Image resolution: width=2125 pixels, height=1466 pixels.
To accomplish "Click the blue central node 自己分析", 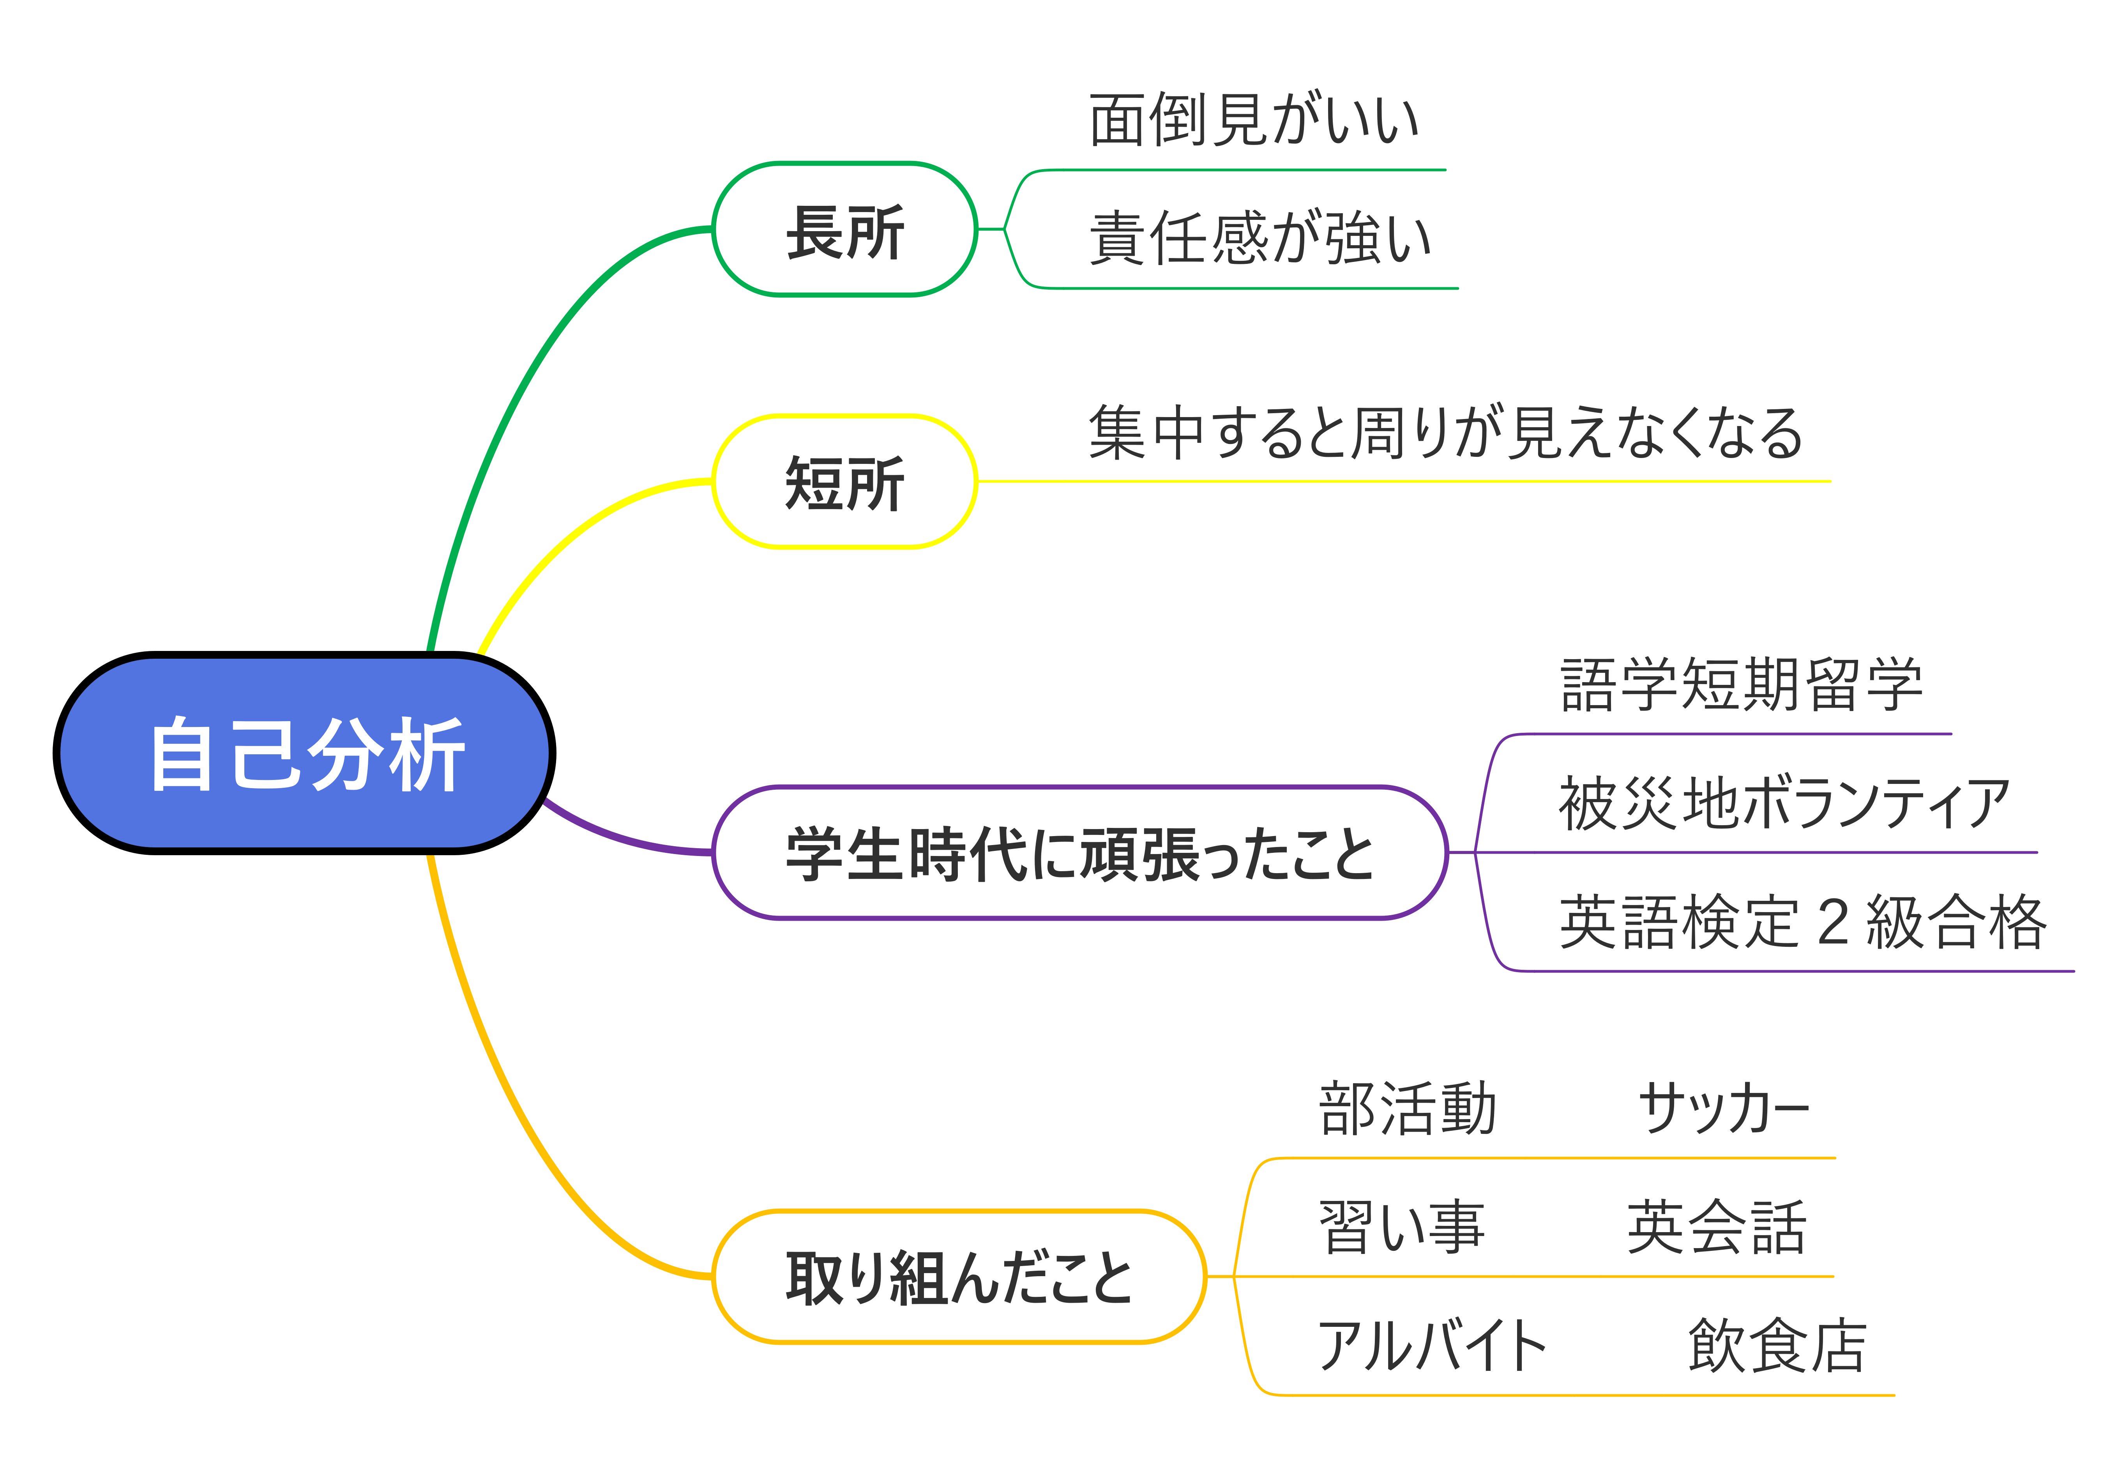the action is point(304,753).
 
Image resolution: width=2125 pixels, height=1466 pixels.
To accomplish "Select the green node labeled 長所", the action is point(845,230).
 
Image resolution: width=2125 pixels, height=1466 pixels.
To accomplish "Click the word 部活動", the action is point(1408,1109).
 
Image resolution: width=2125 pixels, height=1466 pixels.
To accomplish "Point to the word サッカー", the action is point(1724,1109).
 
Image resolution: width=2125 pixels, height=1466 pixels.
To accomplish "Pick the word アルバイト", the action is point(1433,1346).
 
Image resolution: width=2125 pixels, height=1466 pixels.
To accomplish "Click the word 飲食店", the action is point(1777,1346).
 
